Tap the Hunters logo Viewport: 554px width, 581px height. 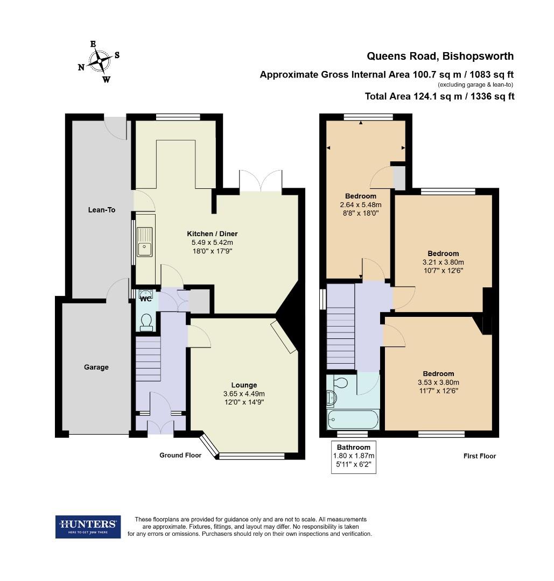88,526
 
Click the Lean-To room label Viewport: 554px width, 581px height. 102,210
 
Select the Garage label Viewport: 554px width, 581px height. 96,367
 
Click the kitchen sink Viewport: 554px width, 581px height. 145,243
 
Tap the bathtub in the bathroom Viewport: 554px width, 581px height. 353,419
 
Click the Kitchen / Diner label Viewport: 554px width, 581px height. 212,234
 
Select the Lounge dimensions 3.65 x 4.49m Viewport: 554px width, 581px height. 244,393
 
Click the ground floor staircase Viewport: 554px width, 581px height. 148,358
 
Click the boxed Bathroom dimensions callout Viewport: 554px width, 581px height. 354,457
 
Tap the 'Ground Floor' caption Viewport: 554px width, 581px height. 180,455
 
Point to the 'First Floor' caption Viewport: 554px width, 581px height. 480,456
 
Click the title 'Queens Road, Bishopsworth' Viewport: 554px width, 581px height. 440,56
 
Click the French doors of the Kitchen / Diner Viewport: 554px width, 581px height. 261,181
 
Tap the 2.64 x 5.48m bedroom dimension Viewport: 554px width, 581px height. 360,204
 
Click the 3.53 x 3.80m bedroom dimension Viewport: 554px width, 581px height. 438,382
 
